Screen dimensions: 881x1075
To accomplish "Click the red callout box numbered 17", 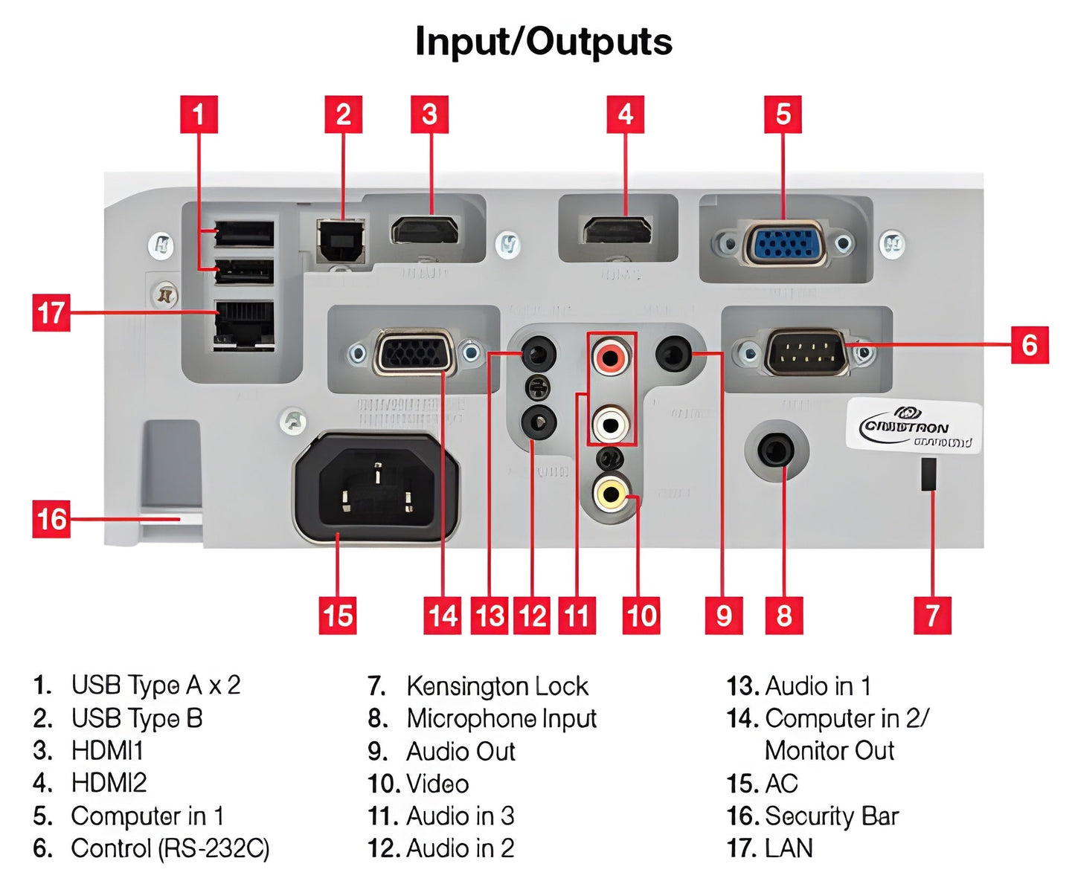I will (x=51, y=312).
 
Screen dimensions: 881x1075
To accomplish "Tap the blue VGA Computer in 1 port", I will (x=784, y=244).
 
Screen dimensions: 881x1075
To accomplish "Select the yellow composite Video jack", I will (x=611, y=491).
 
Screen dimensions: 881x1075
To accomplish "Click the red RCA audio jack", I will (x=611, y=357).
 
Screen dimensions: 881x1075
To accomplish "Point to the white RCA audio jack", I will (x=611, y=423).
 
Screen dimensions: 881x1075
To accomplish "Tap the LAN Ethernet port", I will (x=243, y=325).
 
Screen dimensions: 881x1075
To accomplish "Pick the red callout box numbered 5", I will (x=783, y=114).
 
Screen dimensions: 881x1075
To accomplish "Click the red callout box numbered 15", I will (x=338, y=615).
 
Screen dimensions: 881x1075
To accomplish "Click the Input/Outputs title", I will (x=544, y=42).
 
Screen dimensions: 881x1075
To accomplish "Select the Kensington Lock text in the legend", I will (x=497, y=685).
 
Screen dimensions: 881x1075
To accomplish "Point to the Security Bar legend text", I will (x=832, y=816).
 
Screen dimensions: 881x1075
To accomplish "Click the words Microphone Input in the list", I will (x=501, y=718).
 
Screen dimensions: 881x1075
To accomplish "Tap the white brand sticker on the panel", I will (x=914, y=425).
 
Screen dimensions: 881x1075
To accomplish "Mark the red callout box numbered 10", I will (x=641, y=615).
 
